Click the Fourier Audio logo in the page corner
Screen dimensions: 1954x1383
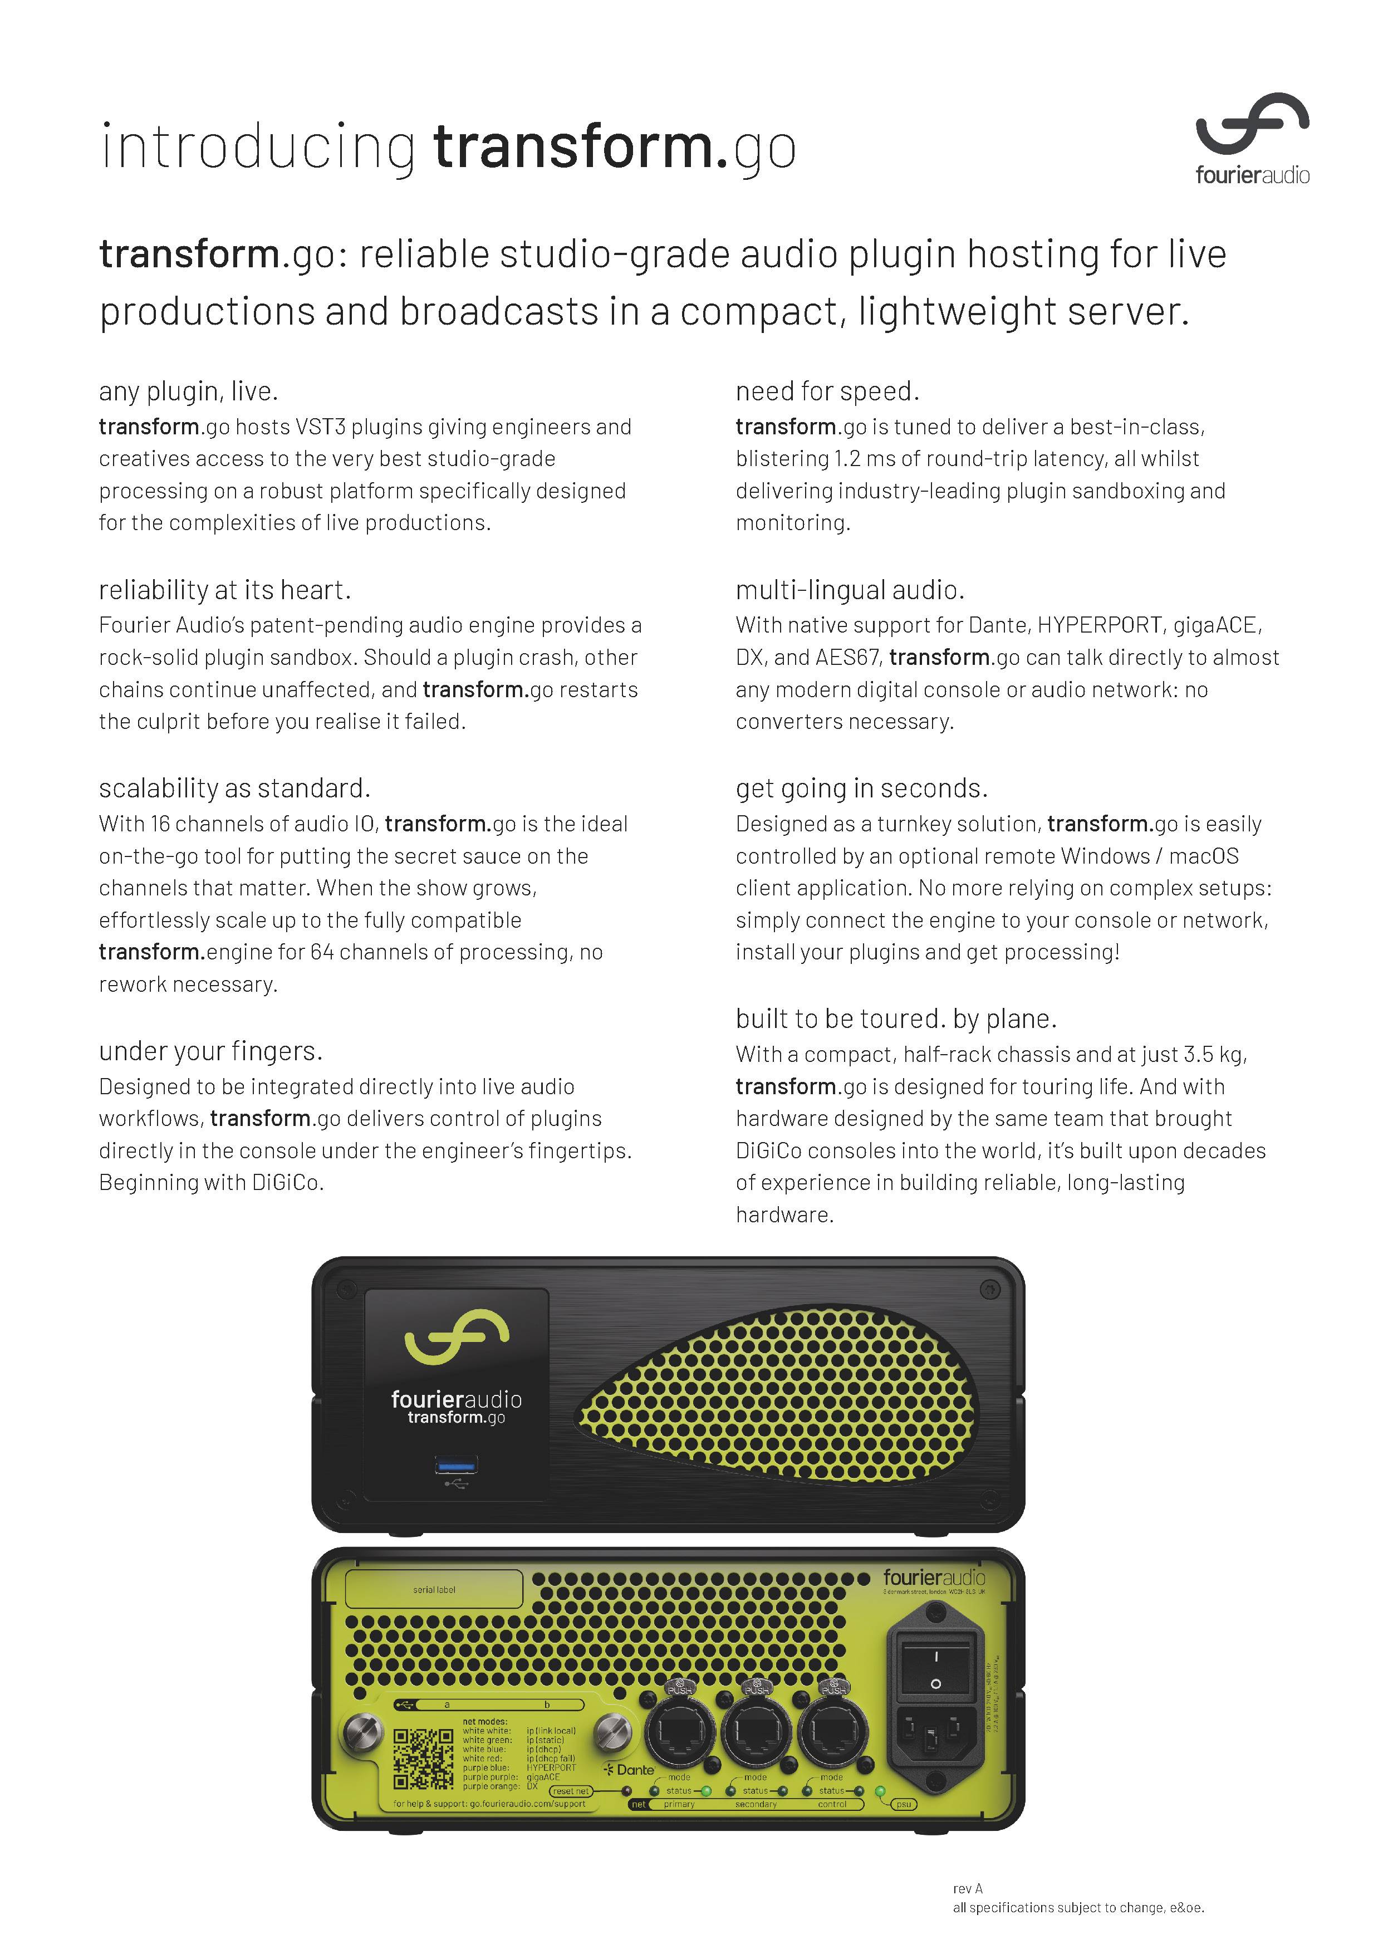tap(1252, 138)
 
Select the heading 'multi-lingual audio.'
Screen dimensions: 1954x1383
tap(849, 590)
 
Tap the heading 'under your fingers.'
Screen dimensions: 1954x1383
tap(210, 1051)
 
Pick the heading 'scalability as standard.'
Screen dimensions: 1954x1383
tap(234, 788)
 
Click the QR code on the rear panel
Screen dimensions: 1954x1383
tap(423, 1758)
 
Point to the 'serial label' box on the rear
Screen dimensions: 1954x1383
tap(434, 1589)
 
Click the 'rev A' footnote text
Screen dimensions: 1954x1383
tap(968, 1888)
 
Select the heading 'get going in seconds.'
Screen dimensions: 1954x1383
tap(861, 788)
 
